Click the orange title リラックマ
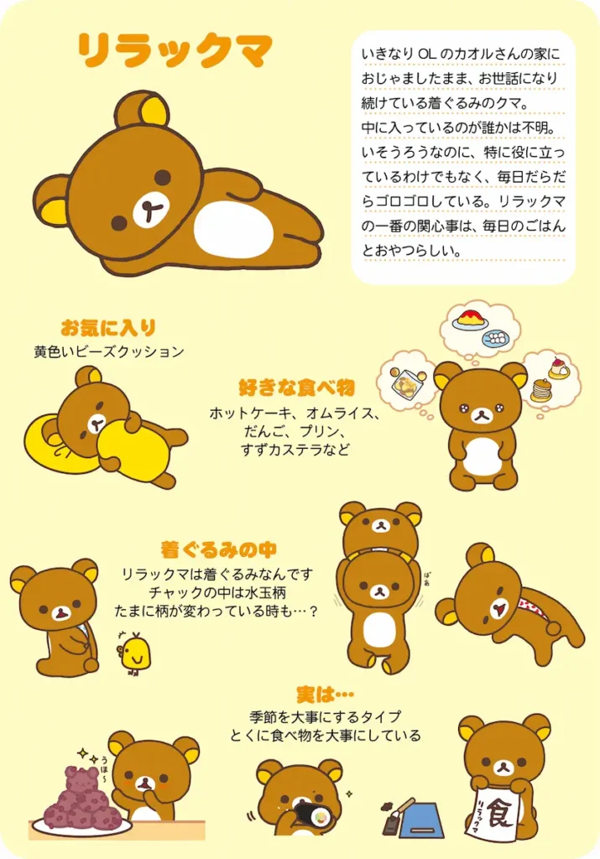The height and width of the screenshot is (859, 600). pos(175,52)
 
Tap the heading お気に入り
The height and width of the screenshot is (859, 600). pos(108,327)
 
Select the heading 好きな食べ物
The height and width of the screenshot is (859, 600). pos(296,388)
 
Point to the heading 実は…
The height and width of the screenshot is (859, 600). pos(325,695)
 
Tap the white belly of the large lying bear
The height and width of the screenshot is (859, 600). pos(232,228)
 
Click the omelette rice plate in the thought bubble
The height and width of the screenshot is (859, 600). pos(471,320)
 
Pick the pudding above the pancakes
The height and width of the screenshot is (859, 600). pos(558,368)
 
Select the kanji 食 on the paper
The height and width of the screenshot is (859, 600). pos(500,813)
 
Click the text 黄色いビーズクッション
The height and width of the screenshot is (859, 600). pos(108,351)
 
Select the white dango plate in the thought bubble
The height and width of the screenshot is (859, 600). pos(498,338)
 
